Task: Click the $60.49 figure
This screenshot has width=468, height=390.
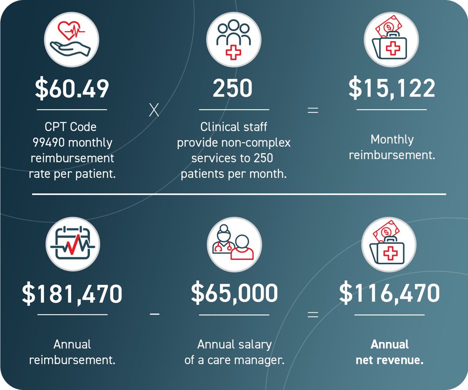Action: coord(72,88)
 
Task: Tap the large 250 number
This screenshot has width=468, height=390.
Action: coord(233,88)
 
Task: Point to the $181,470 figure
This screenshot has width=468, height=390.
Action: coord(72,293)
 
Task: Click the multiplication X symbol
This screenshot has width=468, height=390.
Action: coord(154,110)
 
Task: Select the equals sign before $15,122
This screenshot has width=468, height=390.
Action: coord(312,110)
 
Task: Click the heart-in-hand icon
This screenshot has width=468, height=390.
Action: coord(72,39)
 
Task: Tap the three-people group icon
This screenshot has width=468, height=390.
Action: coord(234,39)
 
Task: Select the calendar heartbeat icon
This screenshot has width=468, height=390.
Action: coord(72,244)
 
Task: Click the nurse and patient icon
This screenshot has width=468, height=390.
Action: coord(234,244)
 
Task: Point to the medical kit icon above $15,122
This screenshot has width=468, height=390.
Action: coord(391,39)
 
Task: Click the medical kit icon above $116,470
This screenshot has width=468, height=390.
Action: coord(389,244)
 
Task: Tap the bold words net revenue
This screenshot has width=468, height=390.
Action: coord(389,360)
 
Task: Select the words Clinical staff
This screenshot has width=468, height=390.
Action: coord(234,127)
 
